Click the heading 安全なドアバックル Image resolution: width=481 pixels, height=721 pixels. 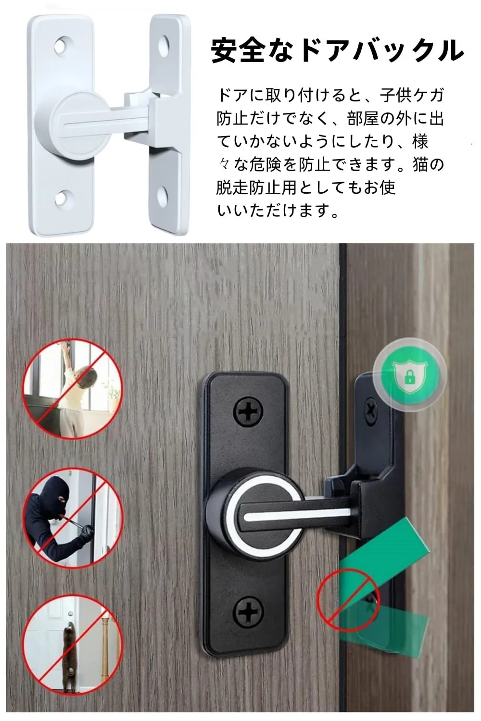tap(337, 51)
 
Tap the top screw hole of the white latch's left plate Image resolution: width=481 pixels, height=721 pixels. tap(63, 45)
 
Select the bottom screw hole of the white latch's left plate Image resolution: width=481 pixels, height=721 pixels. tap(63, 198)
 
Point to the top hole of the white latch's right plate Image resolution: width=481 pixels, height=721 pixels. tap(163, 44)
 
